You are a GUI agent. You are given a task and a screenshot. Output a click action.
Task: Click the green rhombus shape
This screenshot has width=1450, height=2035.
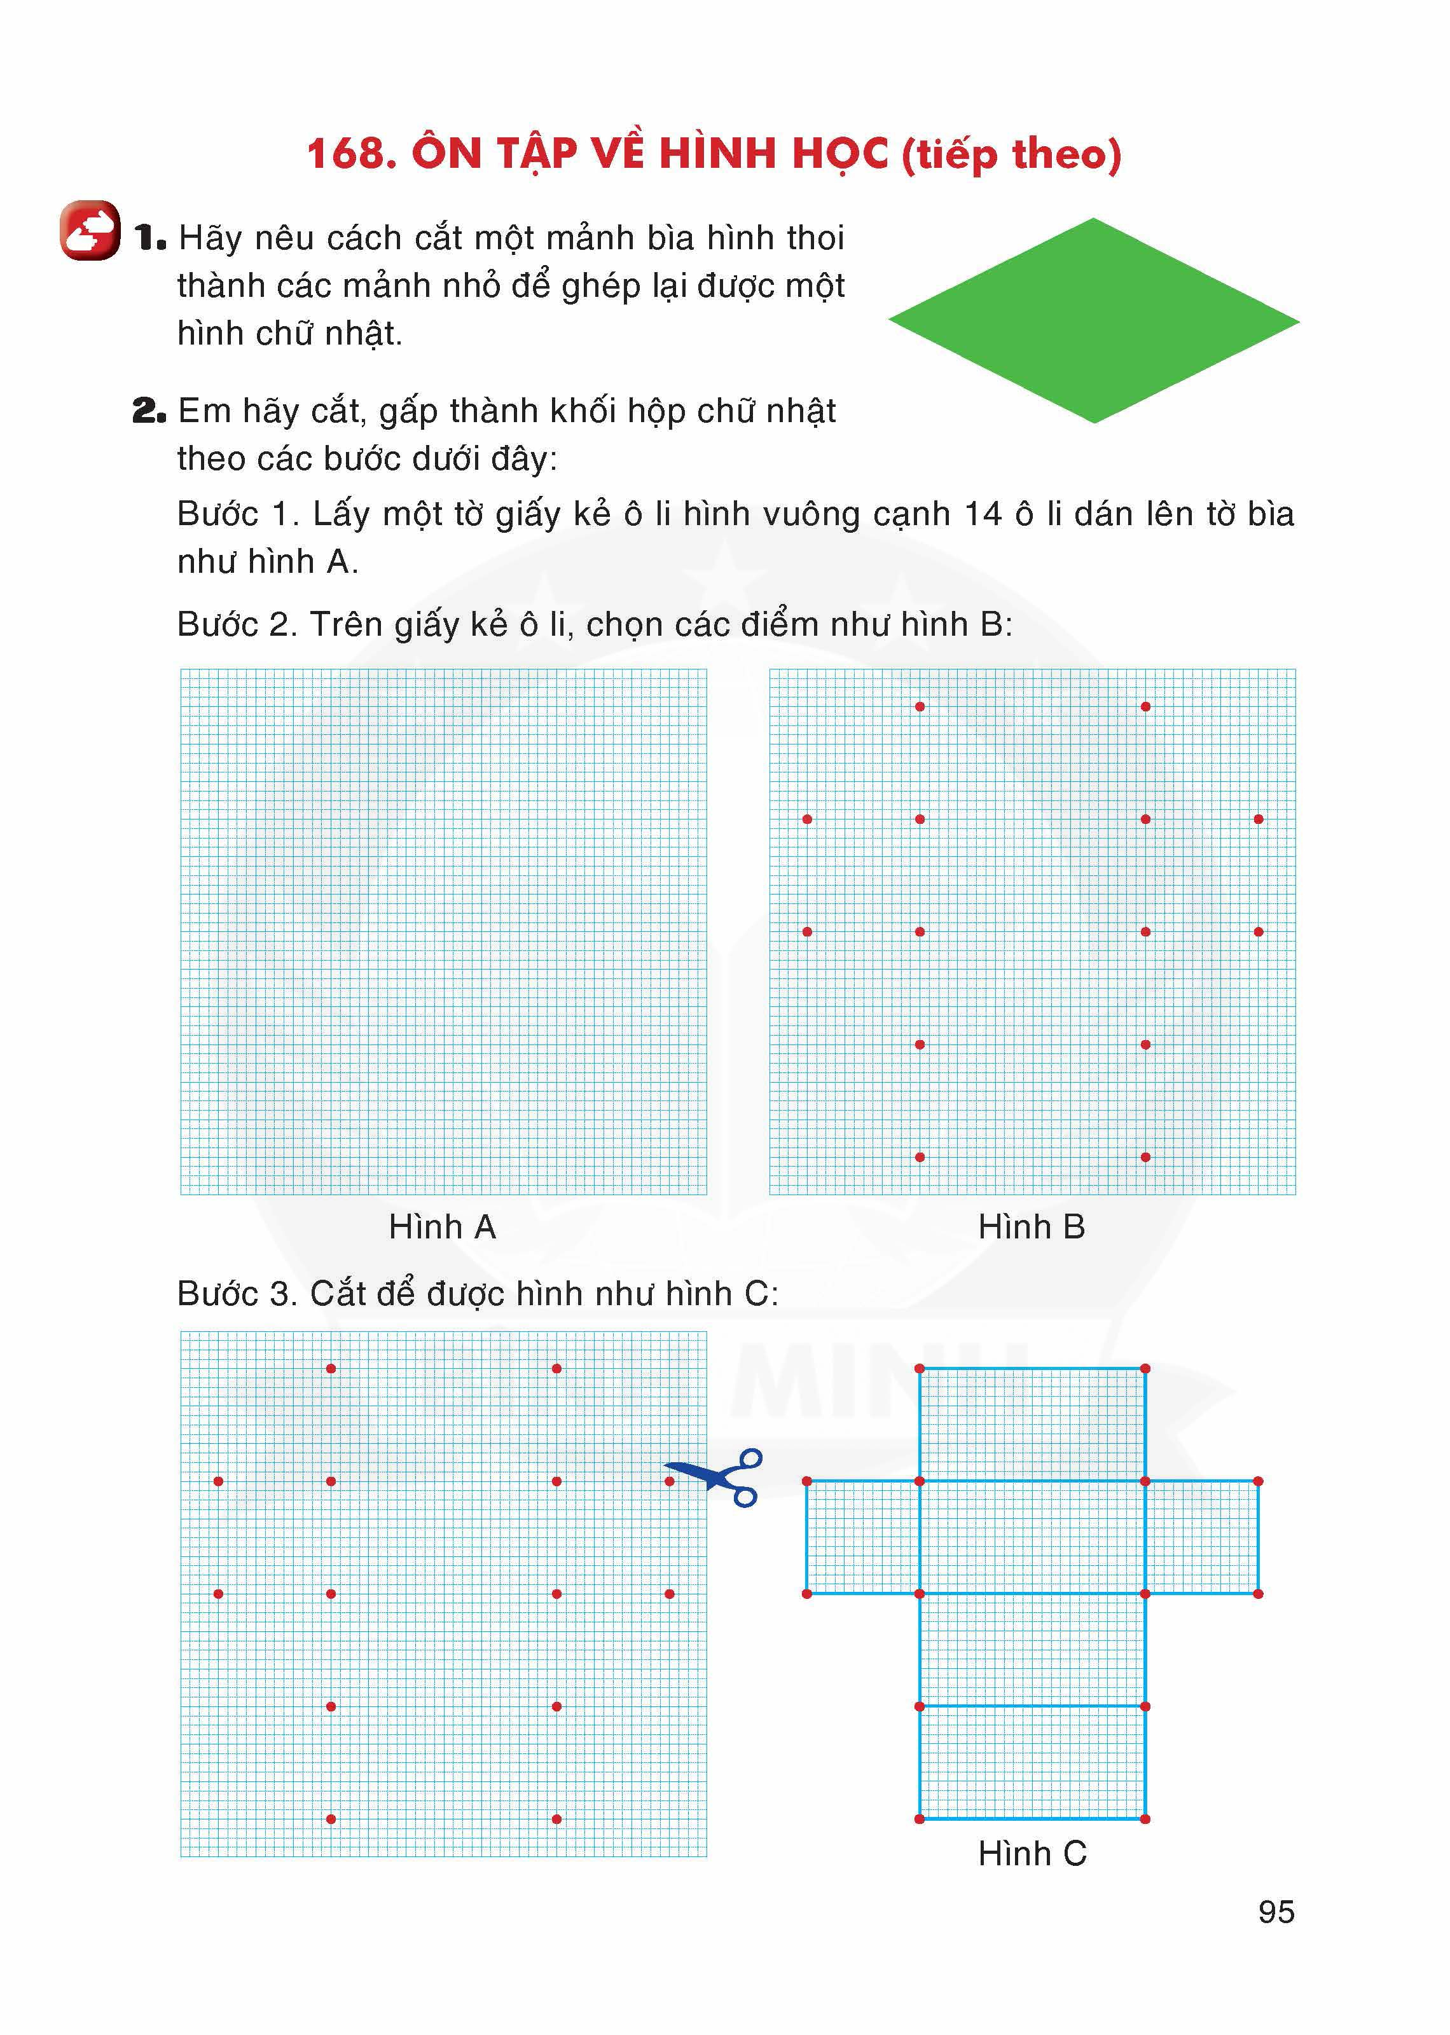pyautogui.click(x=1094, y=320)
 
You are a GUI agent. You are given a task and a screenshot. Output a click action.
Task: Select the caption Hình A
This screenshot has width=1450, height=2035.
pyautogui.click(x=442, y=1227)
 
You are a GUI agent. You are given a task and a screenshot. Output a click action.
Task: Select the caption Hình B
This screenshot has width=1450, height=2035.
pyautogui.click(x=1032, y=1227)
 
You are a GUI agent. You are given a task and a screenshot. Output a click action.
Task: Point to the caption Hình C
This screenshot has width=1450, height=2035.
pyautogui.click(x=1032, y=1854)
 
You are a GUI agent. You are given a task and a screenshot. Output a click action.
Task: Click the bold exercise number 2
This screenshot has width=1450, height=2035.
pyautogui.click(x=148, y=411)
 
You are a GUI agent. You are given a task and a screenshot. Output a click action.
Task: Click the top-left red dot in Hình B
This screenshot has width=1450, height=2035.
pyautogui.click(x=920, y=707)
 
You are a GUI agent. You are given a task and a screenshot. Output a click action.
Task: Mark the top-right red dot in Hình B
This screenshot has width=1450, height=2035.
pyautogui.click(x=1145, y=707)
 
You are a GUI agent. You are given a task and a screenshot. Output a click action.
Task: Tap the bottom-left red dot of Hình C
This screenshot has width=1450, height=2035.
pyautogui.click(x=920, y=1819)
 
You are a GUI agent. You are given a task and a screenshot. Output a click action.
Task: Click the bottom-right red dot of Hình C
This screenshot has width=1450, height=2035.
pyautogui.click(x=1145, y=1819)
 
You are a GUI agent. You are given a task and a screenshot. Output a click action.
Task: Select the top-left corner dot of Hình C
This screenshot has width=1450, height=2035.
pyautogui.click(x=920, y=1368)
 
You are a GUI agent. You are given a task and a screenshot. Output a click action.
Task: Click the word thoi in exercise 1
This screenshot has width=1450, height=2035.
pyautogui.click(x=813, y=238)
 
